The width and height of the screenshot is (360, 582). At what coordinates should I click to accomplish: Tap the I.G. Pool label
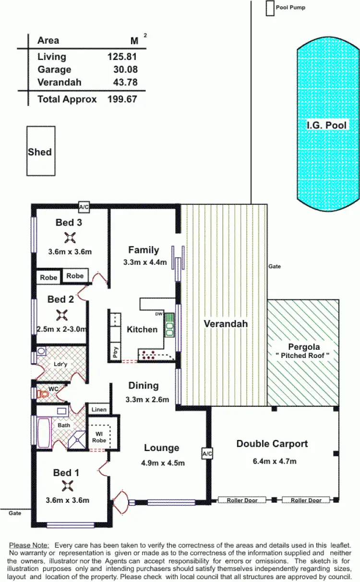[x=326, y=125]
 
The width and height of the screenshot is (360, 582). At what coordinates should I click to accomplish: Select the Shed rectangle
[x=40, y=151]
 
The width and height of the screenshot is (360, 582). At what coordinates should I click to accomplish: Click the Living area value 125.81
[x=122, y=57]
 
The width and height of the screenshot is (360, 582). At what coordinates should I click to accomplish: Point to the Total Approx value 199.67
[x=122, y=99]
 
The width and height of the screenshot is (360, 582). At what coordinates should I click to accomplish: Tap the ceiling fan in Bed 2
[x=61, y=315]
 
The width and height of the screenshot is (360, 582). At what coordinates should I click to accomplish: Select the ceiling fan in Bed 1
[x=67, y=487]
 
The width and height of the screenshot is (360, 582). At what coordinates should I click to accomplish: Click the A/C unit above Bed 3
[x=84, y=207]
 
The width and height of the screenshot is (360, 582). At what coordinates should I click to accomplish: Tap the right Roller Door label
[x=306, y=500]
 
